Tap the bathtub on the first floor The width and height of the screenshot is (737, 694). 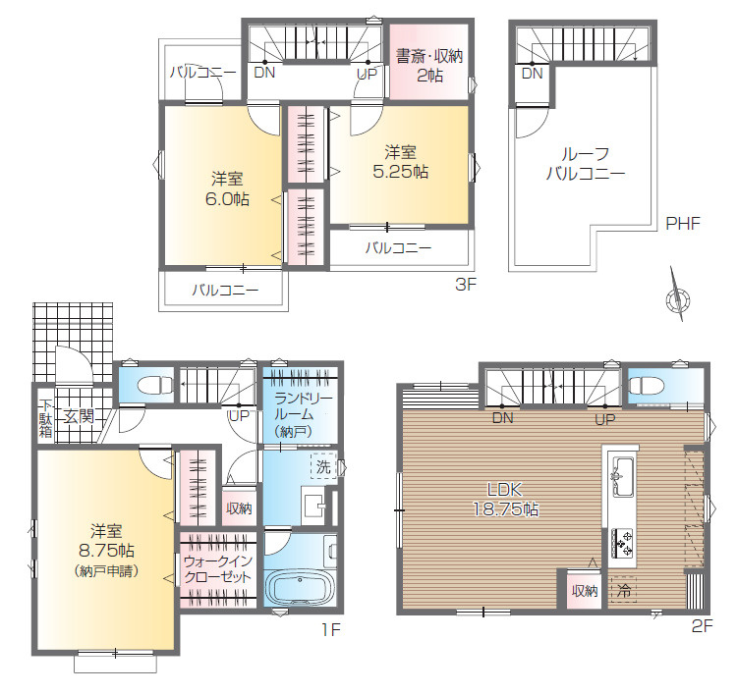300,588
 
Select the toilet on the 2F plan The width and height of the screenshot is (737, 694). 646,386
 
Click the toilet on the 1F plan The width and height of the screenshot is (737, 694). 155,386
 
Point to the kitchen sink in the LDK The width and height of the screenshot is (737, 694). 620,476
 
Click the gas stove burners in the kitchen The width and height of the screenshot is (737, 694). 621,543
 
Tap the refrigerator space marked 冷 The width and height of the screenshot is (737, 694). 623,590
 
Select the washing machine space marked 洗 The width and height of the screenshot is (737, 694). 323,466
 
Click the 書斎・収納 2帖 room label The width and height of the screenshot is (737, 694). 429,65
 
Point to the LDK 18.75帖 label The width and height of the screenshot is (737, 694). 505,499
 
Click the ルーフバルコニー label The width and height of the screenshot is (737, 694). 586,164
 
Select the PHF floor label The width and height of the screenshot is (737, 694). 683,224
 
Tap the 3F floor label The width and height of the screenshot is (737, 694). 466,284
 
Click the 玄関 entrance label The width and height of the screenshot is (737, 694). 80,416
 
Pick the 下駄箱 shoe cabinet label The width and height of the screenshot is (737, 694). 45,418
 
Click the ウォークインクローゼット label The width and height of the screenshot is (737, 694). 218,568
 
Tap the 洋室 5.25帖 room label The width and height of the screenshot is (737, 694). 401,162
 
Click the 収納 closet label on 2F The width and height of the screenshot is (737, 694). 585,591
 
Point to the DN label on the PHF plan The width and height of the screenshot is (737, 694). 532,74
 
